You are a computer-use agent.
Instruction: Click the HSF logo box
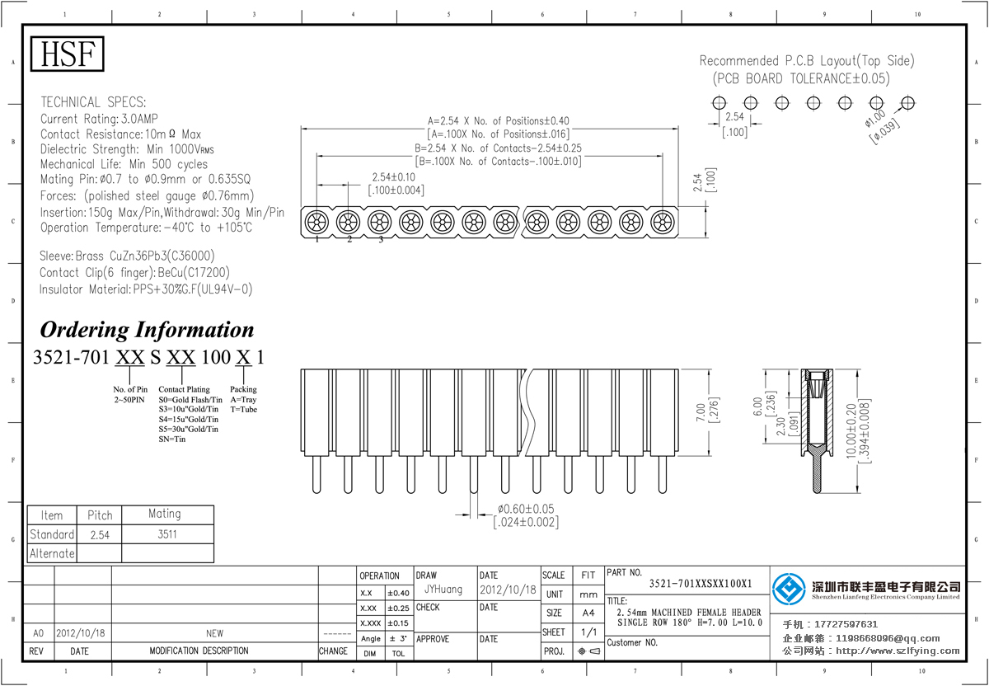click(68, 54)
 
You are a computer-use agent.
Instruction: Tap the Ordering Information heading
click(147, 330)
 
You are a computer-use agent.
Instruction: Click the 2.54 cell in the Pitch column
click(99, 534)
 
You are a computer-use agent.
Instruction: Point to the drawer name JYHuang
click(443, 590)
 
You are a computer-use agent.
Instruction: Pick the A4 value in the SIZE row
click(588, 613)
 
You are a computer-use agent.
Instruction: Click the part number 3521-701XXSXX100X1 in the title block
click(701, 584)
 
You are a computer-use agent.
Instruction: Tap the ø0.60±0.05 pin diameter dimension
click(526, 509)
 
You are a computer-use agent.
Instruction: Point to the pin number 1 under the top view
click(316, 240)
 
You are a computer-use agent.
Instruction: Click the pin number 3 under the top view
click(381, 240)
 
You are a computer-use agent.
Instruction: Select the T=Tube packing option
click(244, 409)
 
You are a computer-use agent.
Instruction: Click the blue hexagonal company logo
click(789, 589)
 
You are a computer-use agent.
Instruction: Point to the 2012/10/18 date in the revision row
click(82, 633)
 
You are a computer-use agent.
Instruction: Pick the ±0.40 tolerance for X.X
click(398, 593)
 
